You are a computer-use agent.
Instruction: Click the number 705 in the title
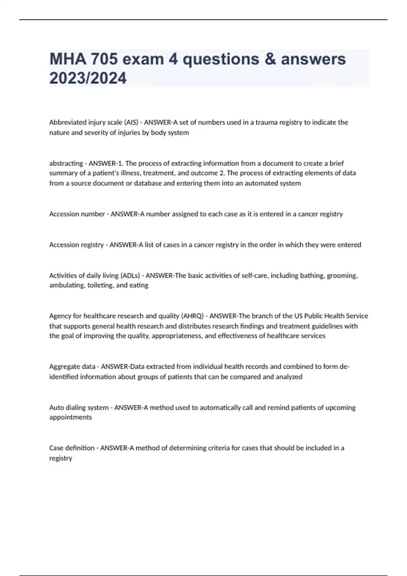click(103, 59)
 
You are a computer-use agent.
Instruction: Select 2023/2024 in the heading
click(88, 78)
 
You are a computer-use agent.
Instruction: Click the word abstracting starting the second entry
click(66, 163)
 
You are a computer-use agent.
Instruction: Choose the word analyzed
click(289, 377)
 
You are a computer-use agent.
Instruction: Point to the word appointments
click(71, 417)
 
